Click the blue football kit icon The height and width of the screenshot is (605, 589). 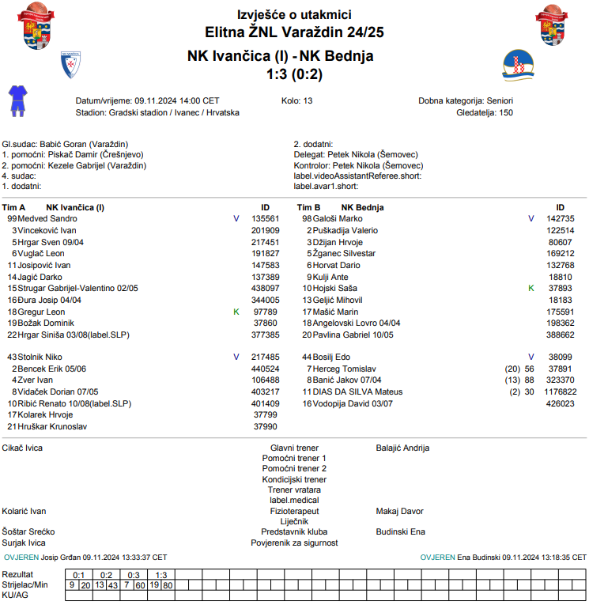coord(17,101)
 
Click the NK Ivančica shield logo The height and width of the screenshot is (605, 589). coord(71,65)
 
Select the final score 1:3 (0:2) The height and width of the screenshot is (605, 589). coord(294,74)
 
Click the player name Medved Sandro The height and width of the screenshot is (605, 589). coord(47,218)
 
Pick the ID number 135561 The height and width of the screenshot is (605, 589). coord(265,218)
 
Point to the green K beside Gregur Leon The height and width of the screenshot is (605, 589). coord(236,312)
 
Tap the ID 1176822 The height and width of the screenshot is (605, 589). coord(560,392)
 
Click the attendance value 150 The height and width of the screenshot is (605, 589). coord(506,113)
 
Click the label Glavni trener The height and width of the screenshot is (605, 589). coord(294,448)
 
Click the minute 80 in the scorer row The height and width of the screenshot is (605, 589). coord(168,585)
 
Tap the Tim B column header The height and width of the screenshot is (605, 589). coord(308,207)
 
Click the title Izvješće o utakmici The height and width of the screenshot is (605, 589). coord(294,15)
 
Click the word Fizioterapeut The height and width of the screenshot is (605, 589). coord(294,512)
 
